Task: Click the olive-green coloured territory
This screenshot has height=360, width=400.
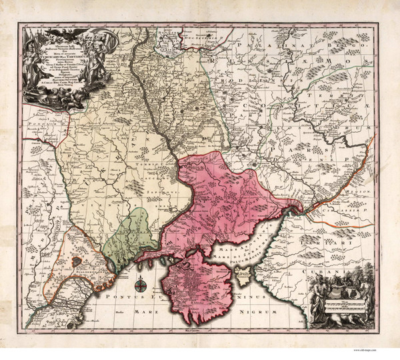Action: point(135,235)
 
